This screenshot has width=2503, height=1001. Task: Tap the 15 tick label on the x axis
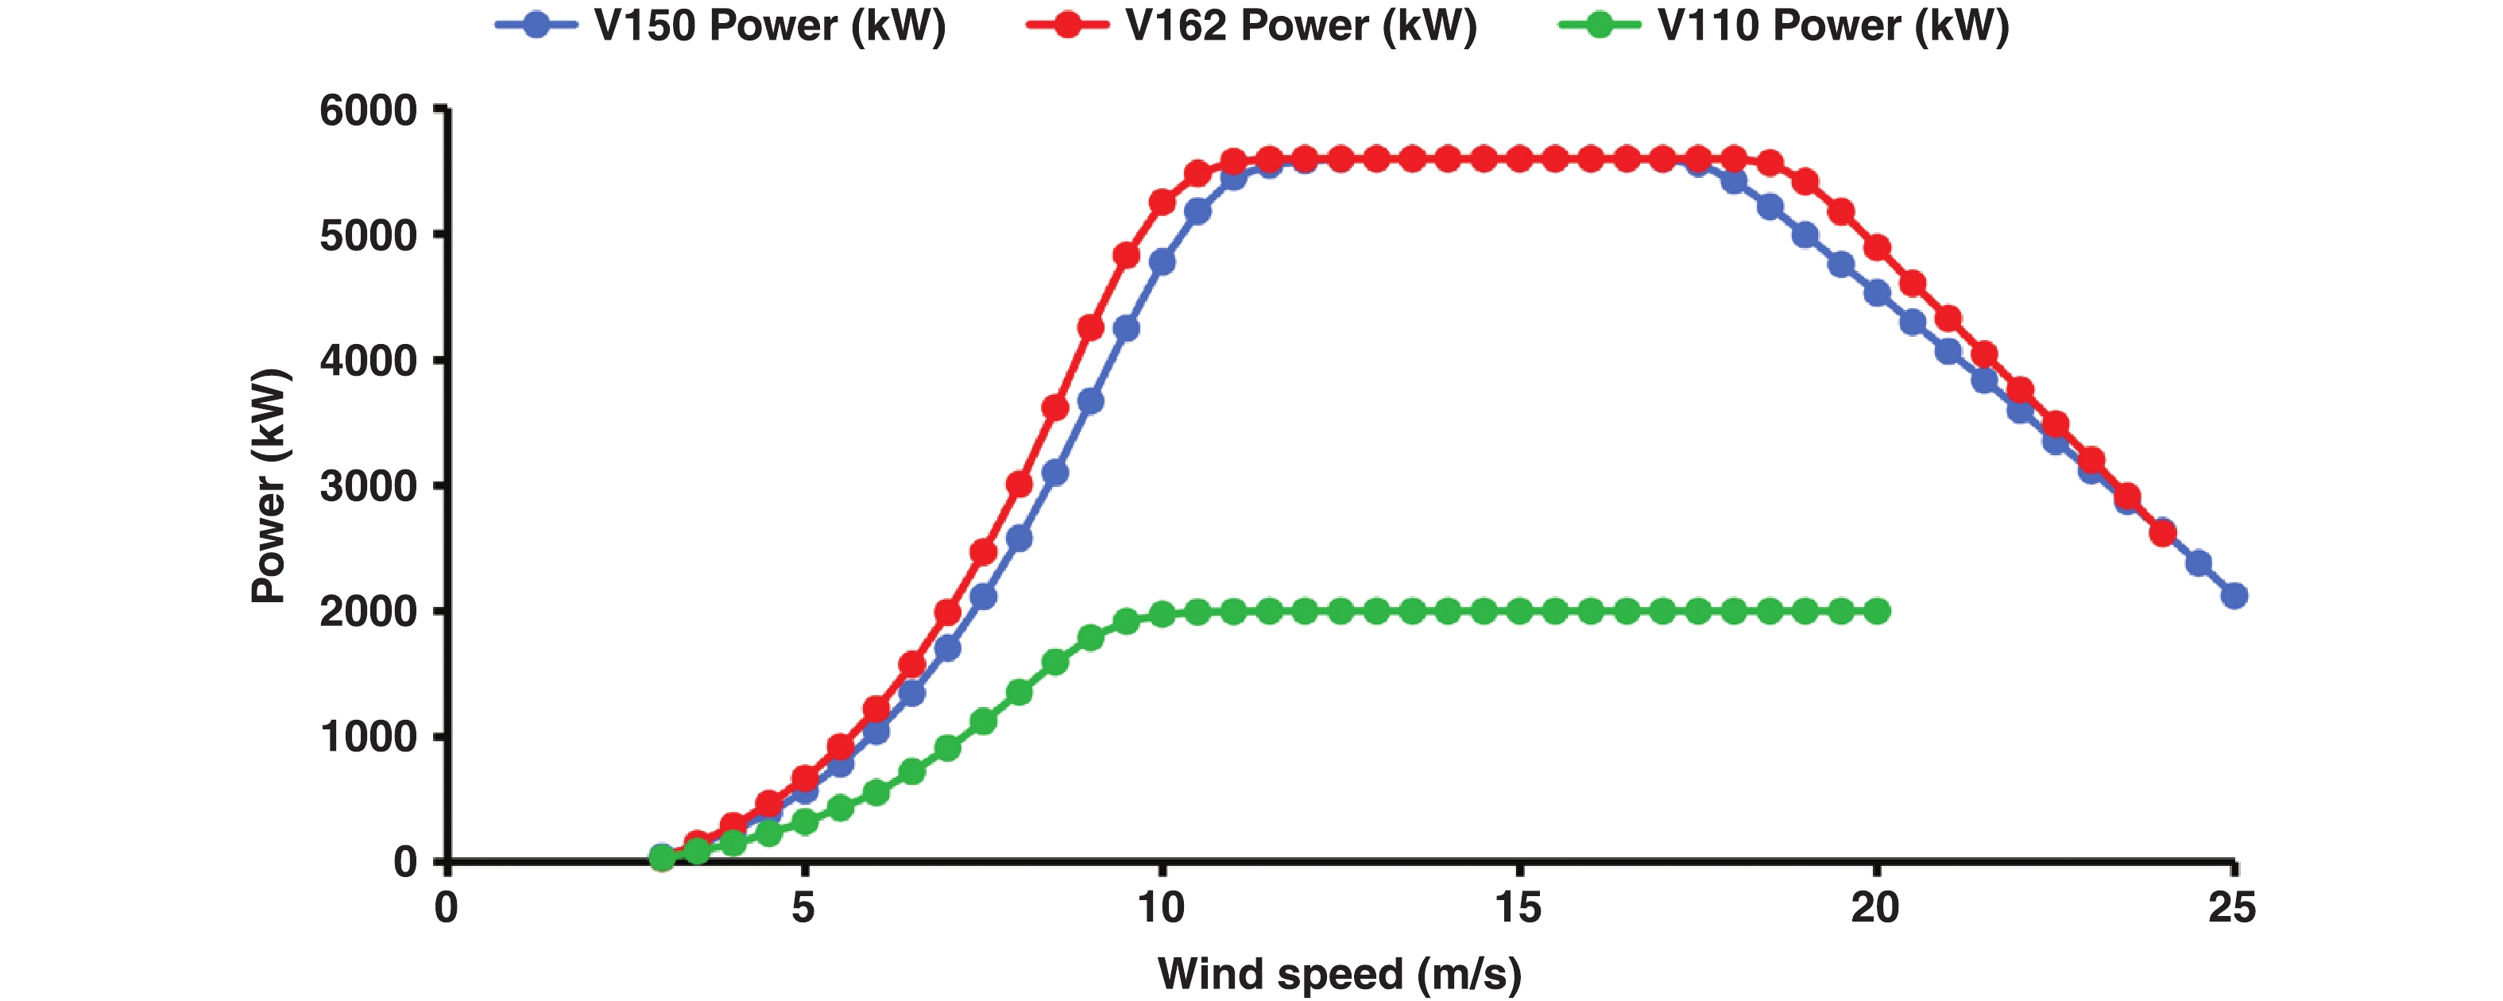1518,908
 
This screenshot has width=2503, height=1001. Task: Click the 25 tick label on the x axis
2232,908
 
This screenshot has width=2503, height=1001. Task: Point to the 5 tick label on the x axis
803,908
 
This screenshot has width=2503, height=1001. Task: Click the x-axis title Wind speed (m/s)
1339,974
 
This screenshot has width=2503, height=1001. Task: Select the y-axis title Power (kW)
269,486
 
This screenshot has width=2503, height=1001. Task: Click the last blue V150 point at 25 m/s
2234,596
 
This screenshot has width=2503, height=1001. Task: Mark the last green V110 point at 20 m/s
1877,611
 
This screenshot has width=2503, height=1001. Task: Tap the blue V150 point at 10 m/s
1161,262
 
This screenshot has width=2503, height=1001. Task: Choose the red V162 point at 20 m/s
1877,249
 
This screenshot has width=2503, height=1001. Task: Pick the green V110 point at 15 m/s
1518,611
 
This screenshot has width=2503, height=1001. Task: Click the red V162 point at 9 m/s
1090,327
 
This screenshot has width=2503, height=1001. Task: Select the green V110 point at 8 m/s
1019,692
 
